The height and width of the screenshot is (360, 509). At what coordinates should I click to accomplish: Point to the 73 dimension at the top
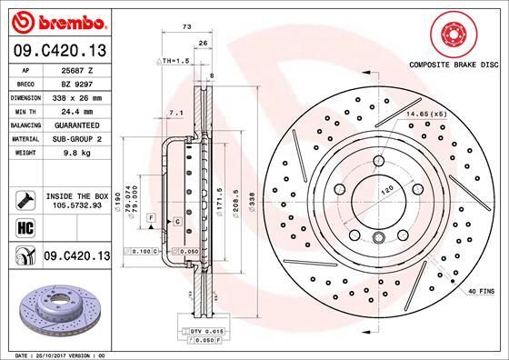(186, 28)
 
